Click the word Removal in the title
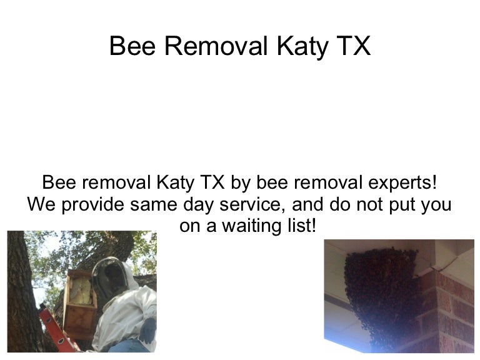(x=216, y=46)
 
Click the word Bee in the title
(x=132, y=46)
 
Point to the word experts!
(x=402, y=182)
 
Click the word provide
(x=93, y=204)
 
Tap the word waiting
(x=251, y=226)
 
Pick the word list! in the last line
(x=302, y=225)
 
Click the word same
(x=153, y=205)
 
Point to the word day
(x=198, y=205)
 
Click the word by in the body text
(x=240, y=182)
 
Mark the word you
(x=436, y=205)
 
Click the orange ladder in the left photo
(x=58, y=329)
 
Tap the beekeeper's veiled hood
(x=113, y=280)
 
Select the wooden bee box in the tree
(x=79, y=303)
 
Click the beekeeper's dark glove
(x=148, y=331)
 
